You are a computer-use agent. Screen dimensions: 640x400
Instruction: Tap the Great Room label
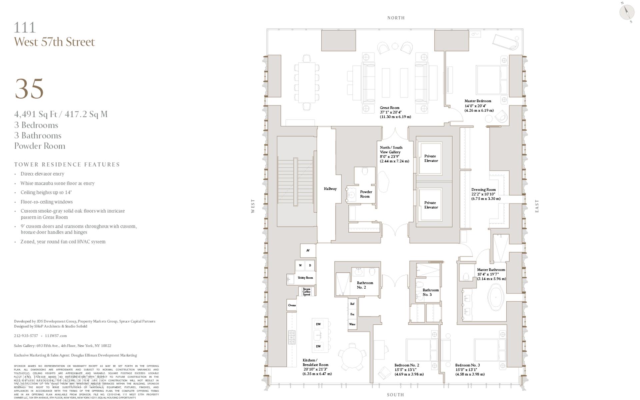pos(390,108)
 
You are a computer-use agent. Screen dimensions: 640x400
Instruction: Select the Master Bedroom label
pos(478,101)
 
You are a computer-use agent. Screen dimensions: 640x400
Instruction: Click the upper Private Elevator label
pos(431,158)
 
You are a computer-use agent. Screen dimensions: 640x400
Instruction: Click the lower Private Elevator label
pos(431,205)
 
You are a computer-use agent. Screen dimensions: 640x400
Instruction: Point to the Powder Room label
pos(366,194)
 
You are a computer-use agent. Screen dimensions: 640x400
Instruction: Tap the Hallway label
pos(330,189)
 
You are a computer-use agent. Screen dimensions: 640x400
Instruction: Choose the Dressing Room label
pos(483,190)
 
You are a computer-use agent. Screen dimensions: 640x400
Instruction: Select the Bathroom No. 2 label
pos(365,285)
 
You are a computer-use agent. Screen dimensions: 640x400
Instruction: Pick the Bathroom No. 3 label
pos(430,292)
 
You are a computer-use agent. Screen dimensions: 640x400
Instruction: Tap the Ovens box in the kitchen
pos(292,305)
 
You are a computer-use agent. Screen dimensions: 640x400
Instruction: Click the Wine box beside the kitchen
pos(352,324)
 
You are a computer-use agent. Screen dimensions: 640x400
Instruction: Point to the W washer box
pos(300,265)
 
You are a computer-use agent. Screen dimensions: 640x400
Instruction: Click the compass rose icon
pos(626,12)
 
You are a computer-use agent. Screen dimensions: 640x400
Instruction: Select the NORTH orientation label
pos(396,18)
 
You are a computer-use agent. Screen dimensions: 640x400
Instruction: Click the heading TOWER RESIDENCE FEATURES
pos(67,164)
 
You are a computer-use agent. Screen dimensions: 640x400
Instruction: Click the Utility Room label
pos(305,278)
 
